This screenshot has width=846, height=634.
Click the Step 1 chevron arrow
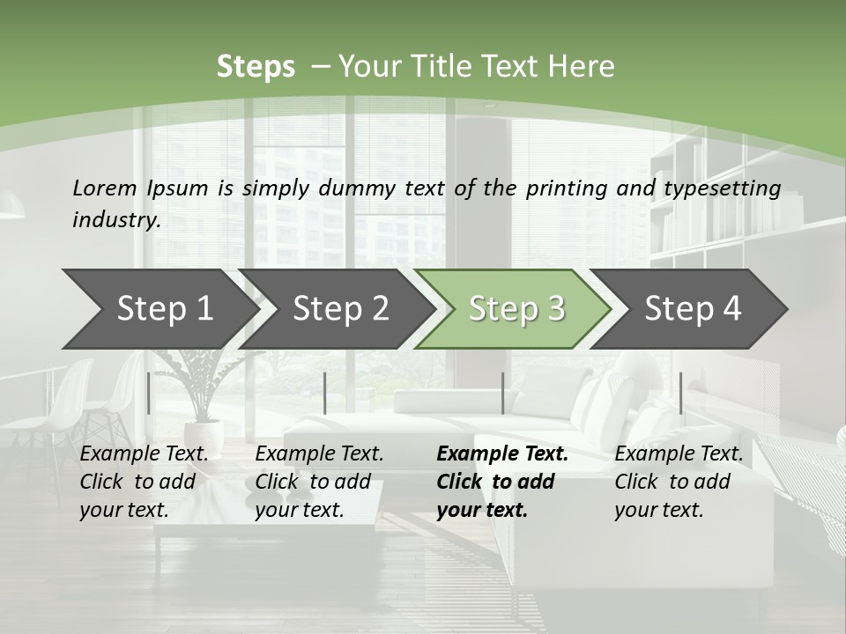[159, 309]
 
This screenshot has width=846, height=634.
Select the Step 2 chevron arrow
[335, 309]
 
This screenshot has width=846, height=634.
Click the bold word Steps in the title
[256, 67]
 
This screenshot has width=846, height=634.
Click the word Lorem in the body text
[105, 188]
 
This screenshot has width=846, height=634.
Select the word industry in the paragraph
[116, 220]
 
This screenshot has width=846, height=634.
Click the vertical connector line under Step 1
[149, 393]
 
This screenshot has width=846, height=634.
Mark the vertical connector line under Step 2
[325, 393]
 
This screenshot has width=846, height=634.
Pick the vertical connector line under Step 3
[502, 393]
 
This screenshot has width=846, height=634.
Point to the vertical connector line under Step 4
[680, 393]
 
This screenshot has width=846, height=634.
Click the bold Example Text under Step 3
[502, 454]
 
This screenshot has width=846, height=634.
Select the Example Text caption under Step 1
[144, 454]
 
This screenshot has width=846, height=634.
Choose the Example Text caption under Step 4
[679, 454]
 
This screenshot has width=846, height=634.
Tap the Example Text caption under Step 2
[319, 454]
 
